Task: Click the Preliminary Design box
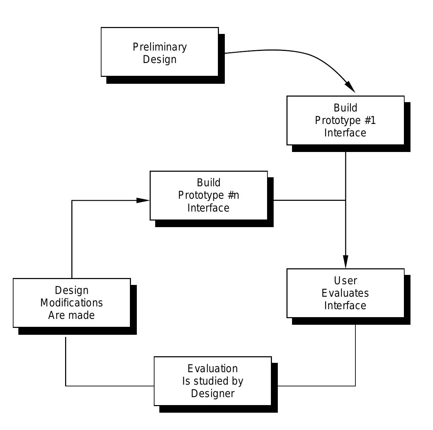click(x=160, y=52)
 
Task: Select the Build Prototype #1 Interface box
click(x=345, y=120)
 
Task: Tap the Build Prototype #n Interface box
click(x=209, y=195)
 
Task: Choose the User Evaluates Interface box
click(x=345, y=293)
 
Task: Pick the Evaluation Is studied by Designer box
click(x=213, y=381)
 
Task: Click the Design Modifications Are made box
click(x=72, y=303)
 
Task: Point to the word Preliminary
click(x=160, y=47)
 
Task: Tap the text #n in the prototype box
click(x=233, y=195)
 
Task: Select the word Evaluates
click(x=345, y=293)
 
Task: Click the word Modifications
click(x=72, y=303)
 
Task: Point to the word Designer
click(x=213, y=394)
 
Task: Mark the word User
click(x=345, y=280)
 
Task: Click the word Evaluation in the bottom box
click(x=213, y=368)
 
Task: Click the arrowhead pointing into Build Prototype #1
click(x=351, y=87)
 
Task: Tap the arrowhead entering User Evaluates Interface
click(x=345, y=262)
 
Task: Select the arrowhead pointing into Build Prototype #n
click(x=143, y=200)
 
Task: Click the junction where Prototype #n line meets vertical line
click(x=345, y=200)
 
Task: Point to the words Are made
click(x=71, y=315)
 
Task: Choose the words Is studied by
click(x=213, y=381)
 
